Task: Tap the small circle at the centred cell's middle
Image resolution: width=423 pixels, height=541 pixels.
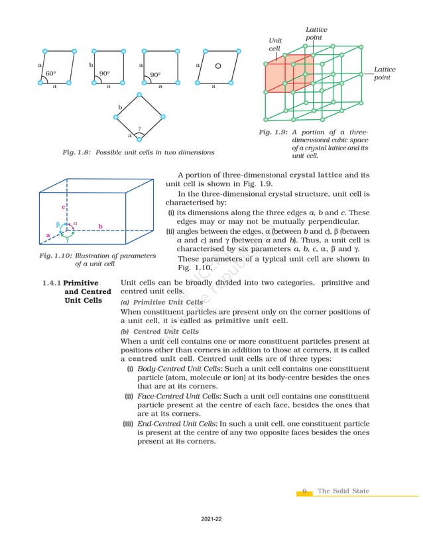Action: point(218,66)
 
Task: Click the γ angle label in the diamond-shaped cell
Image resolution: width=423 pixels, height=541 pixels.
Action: point(139,129)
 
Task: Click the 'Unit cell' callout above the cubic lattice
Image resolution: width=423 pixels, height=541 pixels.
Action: point(275,45)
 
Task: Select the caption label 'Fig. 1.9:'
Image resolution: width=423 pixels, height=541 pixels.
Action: point(273,132)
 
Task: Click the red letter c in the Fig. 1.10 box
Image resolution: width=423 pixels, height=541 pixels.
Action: point(64,207)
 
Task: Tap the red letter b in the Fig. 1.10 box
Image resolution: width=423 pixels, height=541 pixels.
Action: point(100,226)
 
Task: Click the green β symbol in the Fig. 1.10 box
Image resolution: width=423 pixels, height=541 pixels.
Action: point(58,225)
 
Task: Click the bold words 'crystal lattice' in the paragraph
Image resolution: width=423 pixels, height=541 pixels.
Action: point(318,175)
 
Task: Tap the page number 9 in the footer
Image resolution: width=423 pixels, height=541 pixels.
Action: point(304,491)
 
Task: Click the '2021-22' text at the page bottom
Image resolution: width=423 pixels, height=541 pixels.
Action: point(211,520)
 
